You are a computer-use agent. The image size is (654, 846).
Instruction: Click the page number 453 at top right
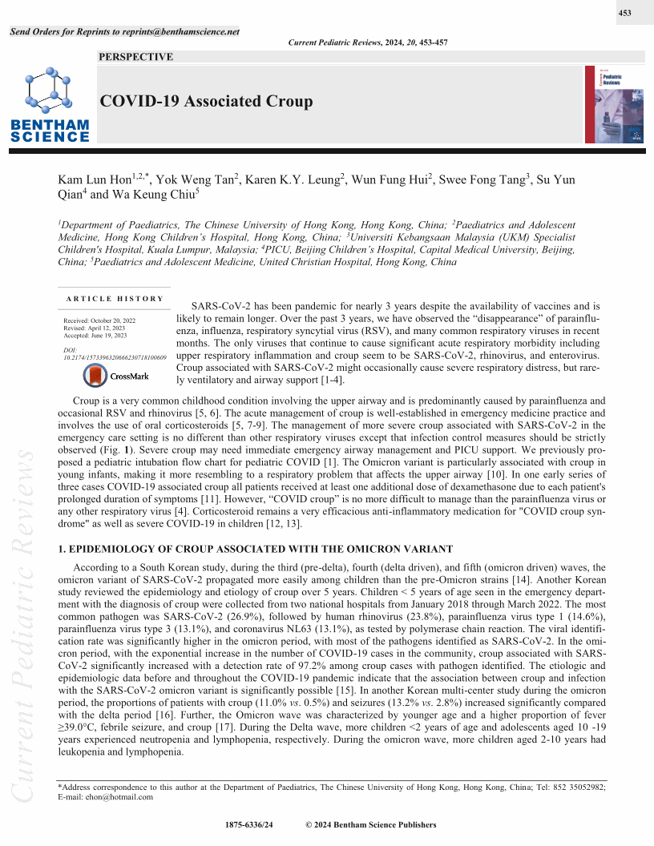pos(626,14)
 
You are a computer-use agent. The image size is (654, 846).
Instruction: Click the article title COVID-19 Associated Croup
pos(205,102)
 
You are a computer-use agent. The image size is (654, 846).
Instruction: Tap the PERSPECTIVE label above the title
pos(135,57)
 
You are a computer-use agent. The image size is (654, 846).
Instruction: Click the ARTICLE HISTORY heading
pos(115,299)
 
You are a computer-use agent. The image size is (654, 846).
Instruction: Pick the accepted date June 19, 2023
pos(99,335)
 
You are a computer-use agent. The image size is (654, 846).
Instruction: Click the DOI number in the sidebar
pos(115,357)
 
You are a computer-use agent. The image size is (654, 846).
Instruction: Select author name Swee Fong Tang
pos(479,180)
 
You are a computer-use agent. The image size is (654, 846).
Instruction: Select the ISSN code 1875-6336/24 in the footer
pos(249,824)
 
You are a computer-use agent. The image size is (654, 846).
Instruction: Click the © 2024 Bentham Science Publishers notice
pos(371,824)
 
